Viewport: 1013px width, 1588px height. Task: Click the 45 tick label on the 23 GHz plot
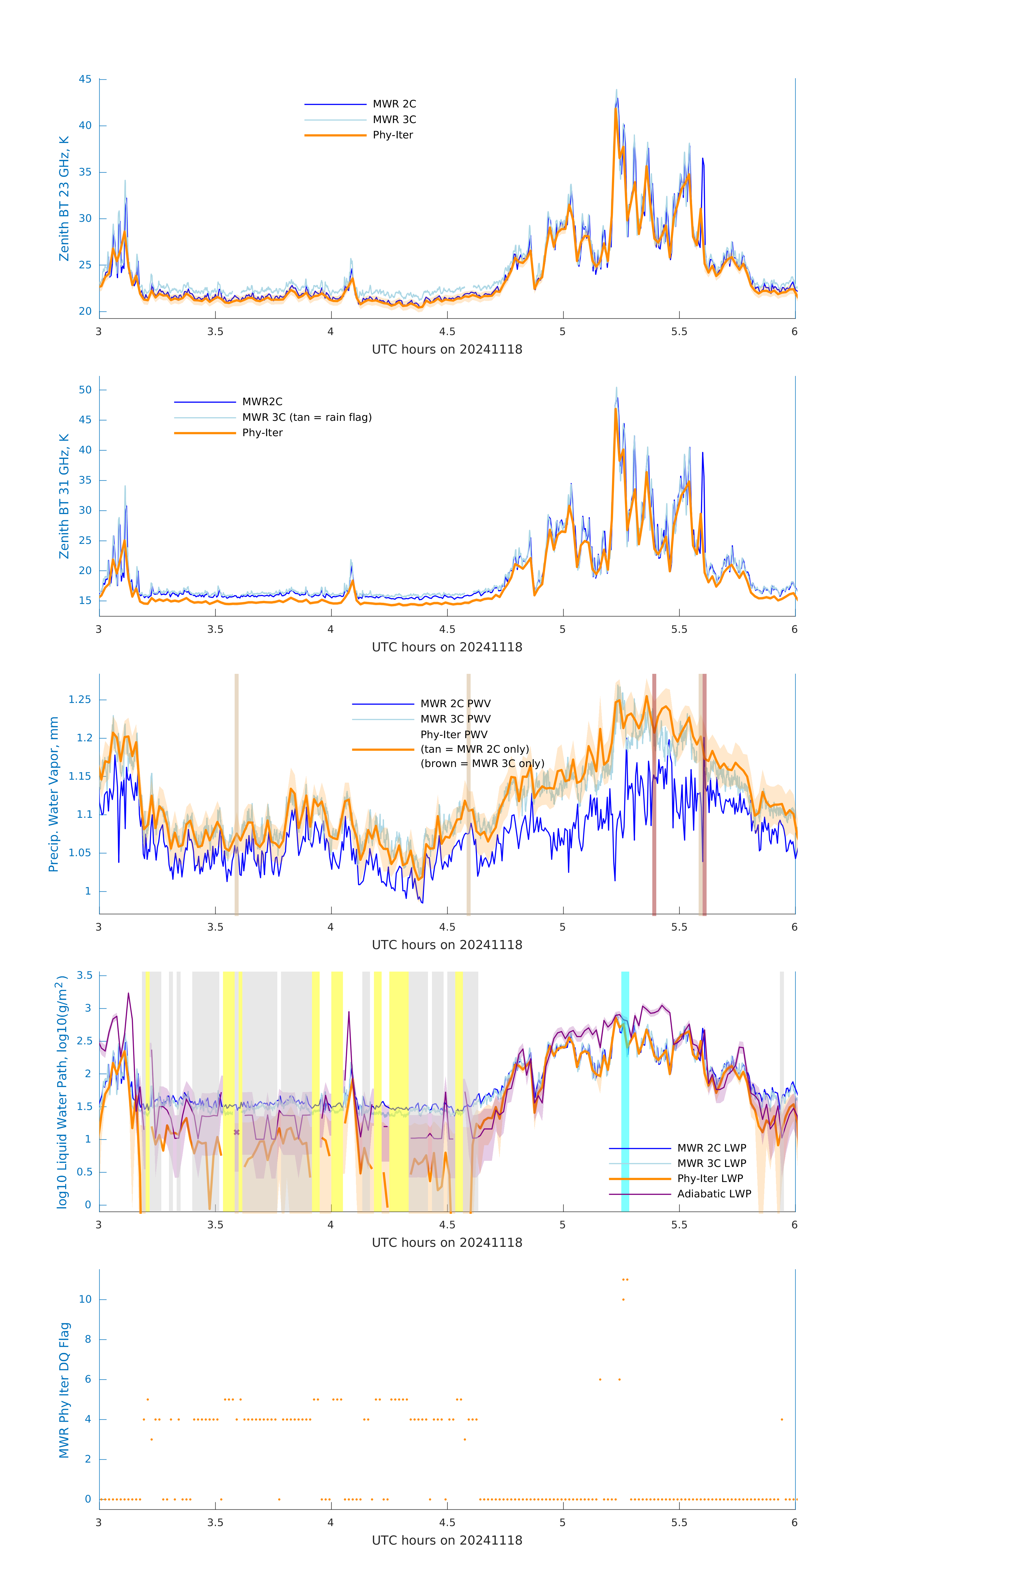point(85,79)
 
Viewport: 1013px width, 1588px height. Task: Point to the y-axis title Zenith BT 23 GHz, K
point(64,198)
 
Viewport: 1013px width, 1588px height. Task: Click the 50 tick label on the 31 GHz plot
point(85,390)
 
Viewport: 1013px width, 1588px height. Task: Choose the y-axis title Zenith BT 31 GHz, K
point(64,496)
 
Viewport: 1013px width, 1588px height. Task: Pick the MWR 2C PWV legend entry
point(455,704)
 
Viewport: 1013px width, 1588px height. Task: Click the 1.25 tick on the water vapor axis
point(80,700)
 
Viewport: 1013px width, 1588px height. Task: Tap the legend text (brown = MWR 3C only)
point(483,764)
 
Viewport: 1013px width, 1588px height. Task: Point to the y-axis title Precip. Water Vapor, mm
point(53,795)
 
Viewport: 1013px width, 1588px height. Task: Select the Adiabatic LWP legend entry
point(714,1194)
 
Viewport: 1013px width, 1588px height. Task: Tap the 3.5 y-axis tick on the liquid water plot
point(84,975)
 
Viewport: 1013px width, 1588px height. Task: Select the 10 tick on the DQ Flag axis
point(85,1299)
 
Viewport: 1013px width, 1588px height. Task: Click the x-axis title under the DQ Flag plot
point(447,1541)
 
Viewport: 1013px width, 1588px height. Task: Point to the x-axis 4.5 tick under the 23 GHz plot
point(447,332)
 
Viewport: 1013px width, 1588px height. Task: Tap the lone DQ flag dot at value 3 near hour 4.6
point(465,1440)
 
